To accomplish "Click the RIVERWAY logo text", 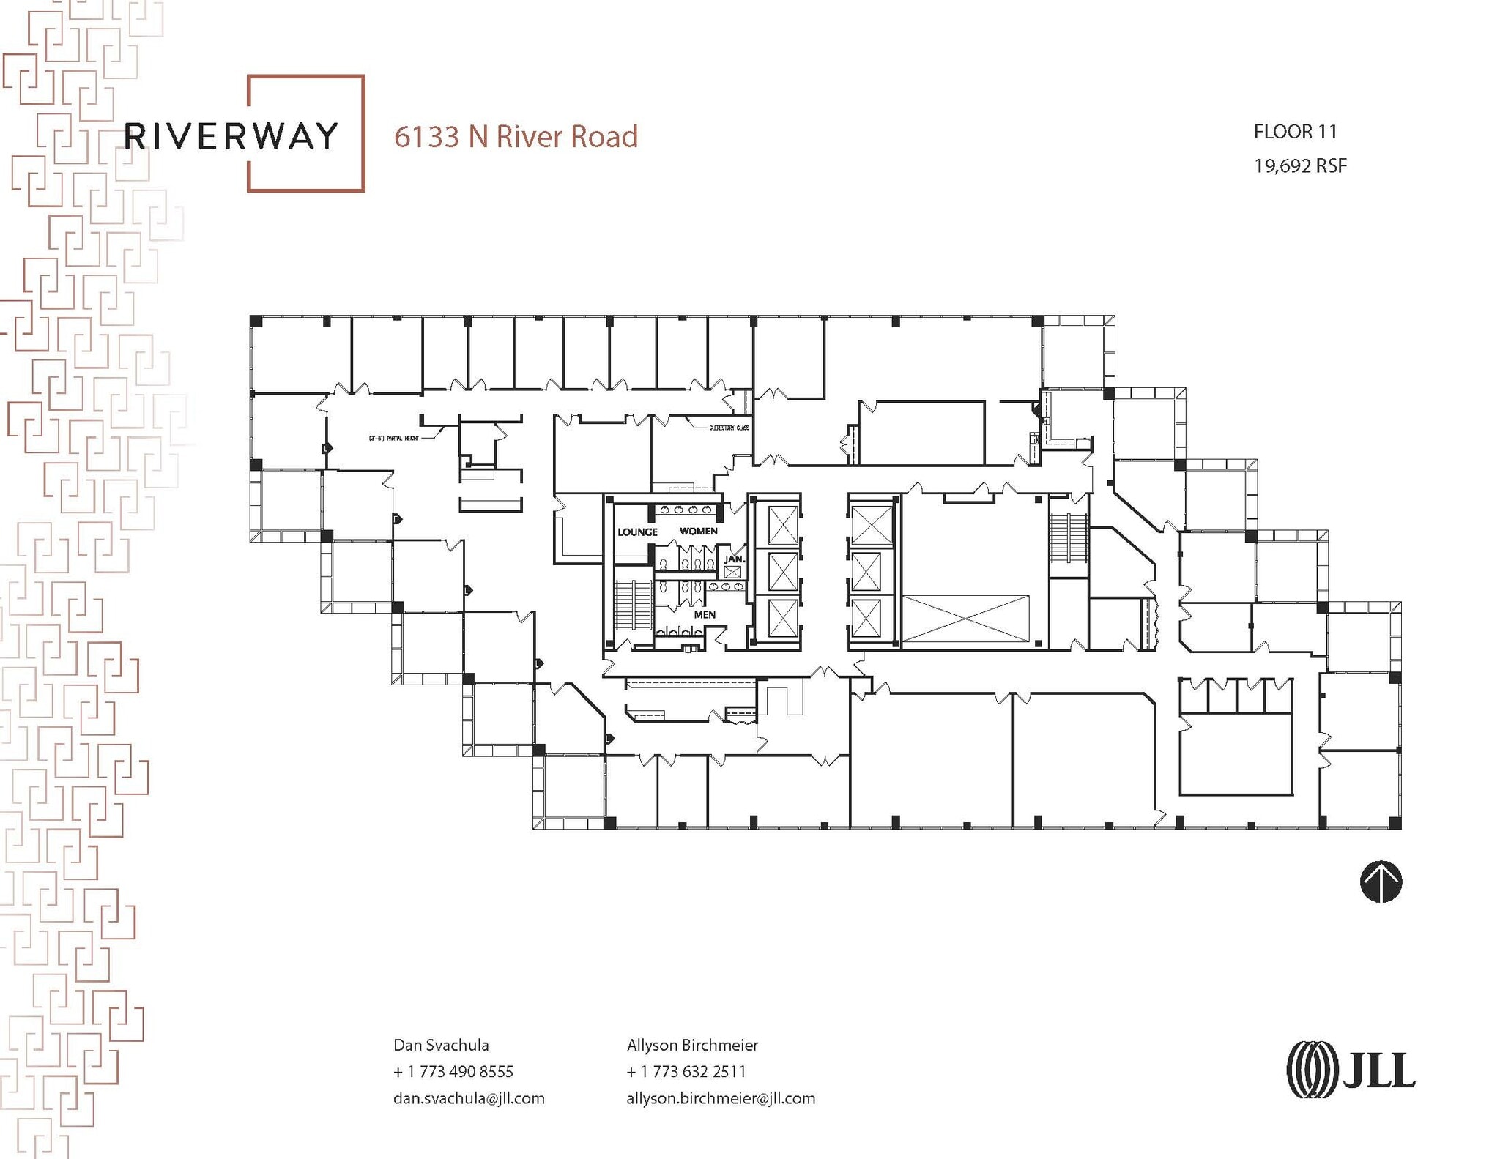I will pos(231,137).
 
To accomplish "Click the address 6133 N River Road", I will pos(516,137).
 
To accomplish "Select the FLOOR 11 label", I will pos(1295,132).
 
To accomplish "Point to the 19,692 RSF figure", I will pos(1299,166).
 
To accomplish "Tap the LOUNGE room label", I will pos(637,532).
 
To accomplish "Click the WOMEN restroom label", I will pos(698,531).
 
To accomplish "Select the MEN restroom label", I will pos(705,614).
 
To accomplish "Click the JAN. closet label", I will pos(734,559).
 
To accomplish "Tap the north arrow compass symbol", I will pos(1381,882).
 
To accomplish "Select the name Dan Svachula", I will pos(441,1045).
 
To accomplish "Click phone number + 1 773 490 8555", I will pos(453,1071).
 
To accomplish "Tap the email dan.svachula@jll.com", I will pos(469,1098).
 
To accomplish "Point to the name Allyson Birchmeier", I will pos(692,1045).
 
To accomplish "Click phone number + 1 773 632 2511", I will pos(686,1071).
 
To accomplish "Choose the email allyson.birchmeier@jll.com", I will pos(720,1098).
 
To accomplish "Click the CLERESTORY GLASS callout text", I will pos(729,428).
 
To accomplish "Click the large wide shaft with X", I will pos(965,619).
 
